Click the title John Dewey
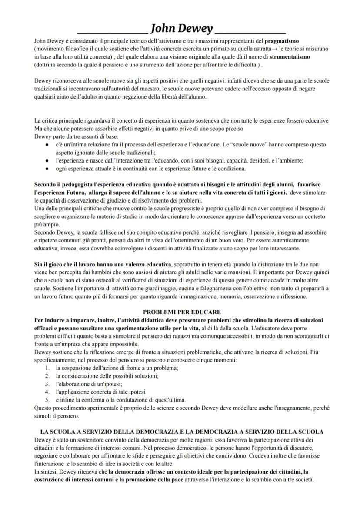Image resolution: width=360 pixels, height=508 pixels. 181,29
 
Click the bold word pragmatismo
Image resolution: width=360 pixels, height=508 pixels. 281,41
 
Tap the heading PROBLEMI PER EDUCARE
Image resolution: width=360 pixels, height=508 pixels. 182,312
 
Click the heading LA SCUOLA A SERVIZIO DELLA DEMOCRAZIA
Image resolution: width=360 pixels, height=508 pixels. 182,432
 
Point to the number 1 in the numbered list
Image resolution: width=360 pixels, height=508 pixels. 47,368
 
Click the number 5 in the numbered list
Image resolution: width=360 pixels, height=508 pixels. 47,400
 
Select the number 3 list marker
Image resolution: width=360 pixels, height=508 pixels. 47,384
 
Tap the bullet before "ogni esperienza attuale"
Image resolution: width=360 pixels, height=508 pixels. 47,168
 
